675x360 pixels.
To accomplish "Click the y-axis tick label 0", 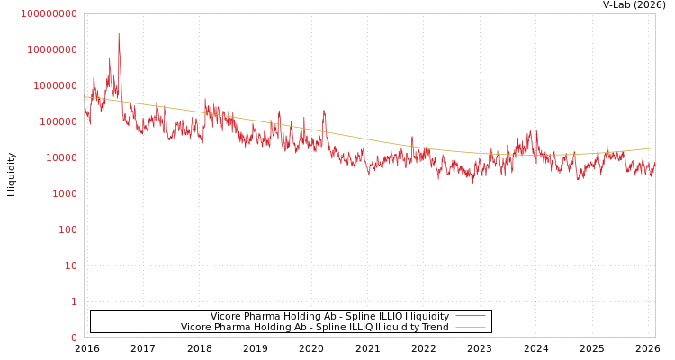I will pyautogui.click(x=74, y=337).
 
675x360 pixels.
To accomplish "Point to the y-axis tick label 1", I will pyautogui.click(x=74, y=301).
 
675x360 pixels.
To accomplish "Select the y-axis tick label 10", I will pyautogui.click(x=71, y=265).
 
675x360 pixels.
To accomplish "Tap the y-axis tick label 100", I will pyautogui.click(x=68, y=229).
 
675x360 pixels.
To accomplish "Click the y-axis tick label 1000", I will pyautogui.click(x=66, y=193).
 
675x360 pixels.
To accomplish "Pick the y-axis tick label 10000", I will pyautogui.click(x=63, y=157).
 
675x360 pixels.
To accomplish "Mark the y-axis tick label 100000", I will pyautogui.click(x=59, y=121).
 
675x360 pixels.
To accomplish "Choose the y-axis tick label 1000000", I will pyautogui.click(x=57, y=85).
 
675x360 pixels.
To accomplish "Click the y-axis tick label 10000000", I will pyautogui.click(x=53, y=49).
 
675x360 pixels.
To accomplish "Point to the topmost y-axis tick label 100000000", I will pyautogui.click(x=49, y=13).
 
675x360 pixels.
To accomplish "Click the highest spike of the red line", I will pyautogui.click(x=119, y=35).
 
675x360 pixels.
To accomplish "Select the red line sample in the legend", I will pyautogui.click(x=471, y=316).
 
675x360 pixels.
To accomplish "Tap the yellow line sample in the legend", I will pyautogui.click(x=471, y=327).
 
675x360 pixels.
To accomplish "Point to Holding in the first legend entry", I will pyautogui.click(x=300, y=316).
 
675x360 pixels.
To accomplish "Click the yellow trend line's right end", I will pyautogui.click(x=654, y=148).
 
